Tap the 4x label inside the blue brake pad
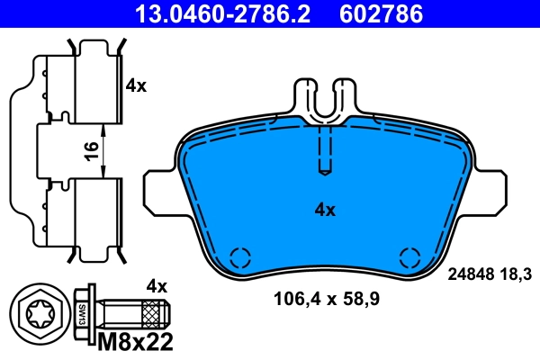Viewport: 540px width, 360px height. point(324,210)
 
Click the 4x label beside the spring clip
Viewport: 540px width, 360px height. point(136,86)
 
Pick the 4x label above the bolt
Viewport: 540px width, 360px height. point(157,286)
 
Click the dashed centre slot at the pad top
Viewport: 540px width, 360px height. point(326,148)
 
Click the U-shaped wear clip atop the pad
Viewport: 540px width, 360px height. point(325,100)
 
